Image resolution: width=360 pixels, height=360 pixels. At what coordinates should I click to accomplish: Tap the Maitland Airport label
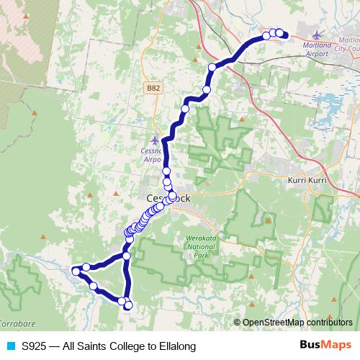point(323,49)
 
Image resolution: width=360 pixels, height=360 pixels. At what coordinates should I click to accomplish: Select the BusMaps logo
point(325,346)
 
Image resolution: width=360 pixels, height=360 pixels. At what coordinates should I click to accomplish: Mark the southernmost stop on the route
point(129,306)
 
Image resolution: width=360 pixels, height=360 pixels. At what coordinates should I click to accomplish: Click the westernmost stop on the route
point(75,271)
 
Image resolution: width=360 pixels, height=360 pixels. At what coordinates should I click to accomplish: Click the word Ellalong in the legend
point(173,346)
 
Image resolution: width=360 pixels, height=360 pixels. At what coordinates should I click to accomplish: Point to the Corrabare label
point(14,323)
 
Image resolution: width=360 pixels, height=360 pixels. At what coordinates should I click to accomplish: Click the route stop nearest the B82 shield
point(185,108)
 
